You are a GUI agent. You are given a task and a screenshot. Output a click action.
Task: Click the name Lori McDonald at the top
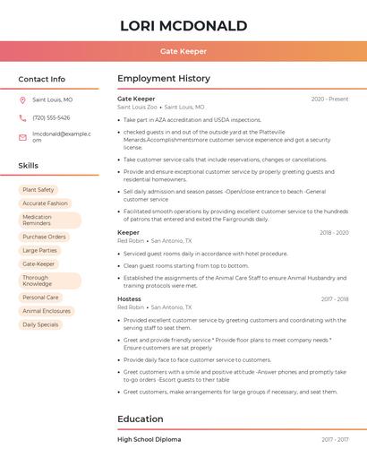tap(183, 25)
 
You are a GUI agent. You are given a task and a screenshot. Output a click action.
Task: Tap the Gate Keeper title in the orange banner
tap(183, 51)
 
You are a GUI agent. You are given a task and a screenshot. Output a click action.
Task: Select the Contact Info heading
tap(42, 79)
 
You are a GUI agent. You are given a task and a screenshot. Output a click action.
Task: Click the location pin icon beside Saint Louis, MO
tap(22, 100)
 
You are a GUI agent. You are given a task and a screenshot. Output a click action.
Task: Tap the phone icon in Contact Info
tap(22, 118)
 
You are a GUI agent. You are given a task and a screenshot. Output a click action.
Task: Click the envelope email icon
tap(22, 137)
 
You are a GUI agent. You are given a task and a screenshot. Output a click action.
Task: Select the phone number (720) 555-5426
tap(51, 118)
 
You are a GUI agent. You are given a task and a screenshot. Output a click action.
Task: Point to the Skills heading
tap(29, 166)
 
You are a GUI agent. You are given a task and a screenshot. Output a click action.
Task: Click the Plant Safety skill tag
tap(38, 190)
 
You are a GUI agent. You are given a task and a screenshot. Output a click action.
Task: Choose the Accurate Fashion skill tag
tap(45, 203)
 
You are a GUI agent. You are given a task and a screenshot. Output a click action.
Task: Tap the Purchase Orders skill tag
tap(45, 237)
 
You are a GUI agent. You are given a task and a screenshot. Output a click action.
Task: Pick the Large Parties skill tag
tap(40, 250)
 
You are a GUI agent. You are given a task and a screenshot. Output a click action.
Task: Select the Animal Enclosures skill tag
tap(47, 311)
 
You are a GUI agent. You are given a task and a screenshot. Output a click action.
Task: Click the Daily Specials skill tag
tap(41, 324)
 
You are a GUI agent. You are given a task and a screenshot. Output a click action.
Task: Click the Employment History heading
tap(164, 79)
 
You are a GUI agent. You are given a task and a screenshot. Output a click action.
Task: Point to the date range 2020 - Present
tap(329, 99)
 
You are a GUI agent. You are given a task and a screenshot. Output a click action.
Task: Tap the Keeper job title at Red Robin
tap(128, 232)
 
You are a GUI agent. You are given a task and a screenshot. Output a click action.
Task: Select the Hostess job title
tap(129, 298)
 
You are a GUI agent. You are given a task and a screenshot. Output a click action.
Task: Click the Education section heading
tap(141, 419)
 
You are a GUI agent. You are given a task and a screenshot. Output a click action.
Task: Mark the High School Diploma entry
tap(149, 439)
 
